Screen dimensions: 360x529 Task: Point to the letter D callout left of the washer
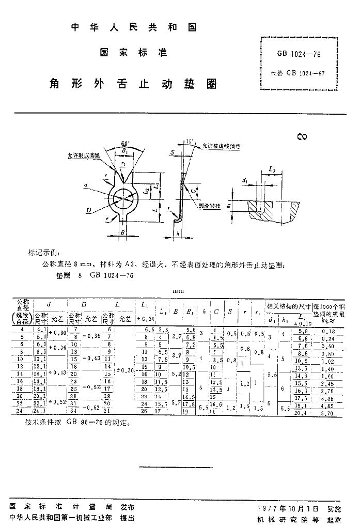click(89, 210)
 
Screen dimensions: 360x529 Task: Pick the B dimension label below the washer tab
click(122, 234)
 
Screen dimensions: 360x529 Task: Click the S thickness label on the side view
click(171, 152)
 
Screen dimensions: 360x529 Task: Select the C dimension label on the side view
click(193, 191)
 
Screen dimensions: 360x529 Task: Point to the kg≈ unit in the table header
click(329, 320)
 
